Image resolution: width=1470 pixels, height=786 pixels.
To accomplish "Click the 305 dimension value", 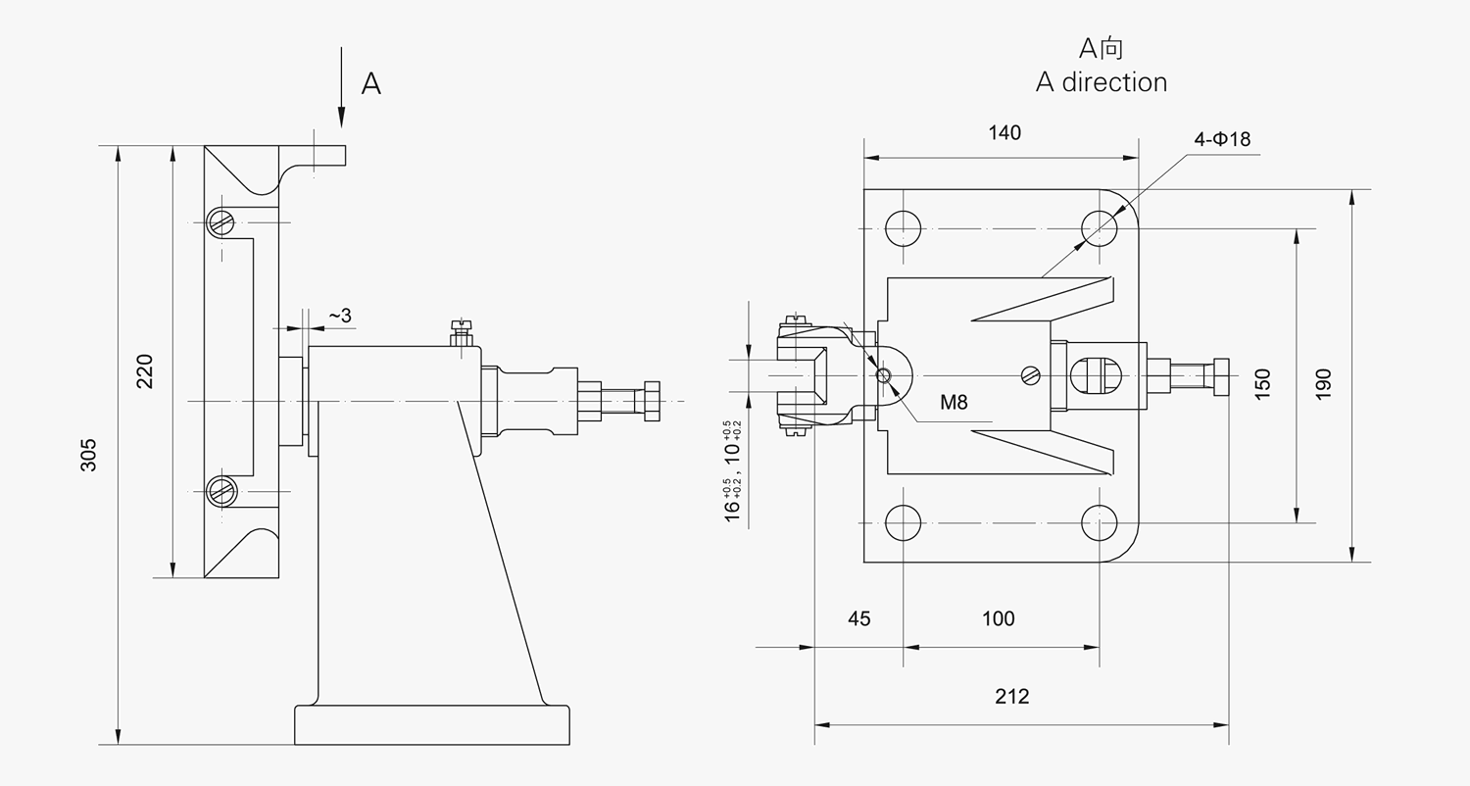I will click(89, 455).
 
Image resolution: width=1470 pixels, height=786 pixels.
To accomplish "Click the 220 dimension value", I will click(145, 371).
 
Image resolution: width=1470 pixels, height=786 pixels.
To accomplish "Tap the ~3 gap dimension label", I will click(339, 316).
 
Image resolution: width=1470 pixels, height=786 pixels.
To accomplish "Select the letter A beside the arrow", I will click(370, 84).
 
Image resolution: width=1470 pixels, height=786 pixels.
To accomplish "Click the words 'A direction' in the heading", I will click(1102, 82).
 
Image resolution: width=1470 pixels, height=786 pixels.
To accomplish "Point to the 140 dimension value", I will click(1004, 132).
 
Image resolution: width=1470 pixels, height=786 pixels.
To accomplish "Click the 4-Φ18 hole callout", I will click(1222, 139).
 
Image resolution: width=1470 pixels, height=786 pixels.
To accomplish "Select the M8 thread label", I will click(954, 402).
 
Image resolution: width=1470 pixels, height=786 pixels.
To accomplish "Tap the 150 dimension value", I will click(1262, 380).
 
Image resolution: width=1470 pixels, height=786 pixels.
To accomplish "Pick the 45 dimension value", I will click(858, 618).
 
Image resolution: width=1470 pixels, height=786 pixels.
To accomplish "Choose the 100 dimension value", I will click(998, 618).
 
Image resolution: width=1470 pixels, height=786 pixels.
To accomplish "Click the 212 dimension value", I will click(1012, 696).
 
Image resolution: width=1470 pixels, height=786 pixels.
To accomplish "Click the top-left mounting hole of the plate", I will click(904, 228).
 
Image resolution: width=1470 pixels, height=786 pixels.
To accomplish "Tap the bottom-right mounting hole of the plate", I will click(1100, 522).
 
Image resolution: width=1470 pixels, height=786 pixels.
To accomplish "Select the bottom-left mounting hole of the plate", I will click(904, 522).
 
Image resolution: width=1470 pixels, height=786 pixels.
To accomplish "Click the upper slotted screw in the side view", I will click(222, 222).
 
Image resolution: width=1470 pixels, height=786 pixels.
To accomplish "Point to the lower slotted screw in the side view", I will click(222, 488).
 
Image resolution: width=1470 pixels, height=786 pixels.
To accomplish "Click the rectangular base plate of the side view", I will click(432, 724).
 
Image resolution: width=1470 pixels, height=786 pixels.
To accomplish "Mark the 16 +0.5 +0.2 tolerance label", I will click(732, 499).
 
